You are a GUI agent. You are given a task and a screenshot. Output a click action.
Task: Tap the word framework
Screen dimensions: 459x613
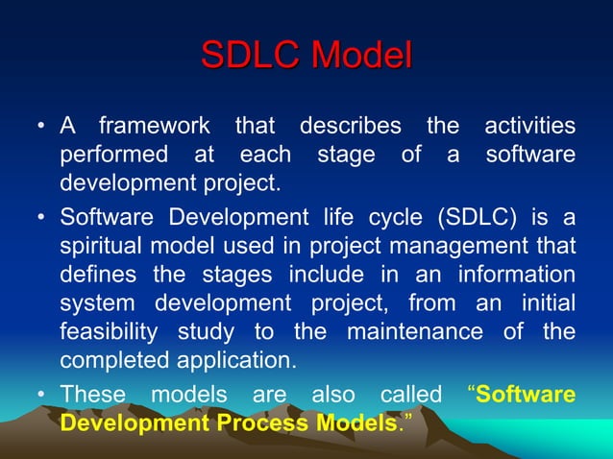pyautogui.click(x=154, y=127)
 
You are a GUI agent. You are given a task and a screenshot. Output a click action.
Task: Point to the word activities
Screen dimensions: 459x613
pyautogui.click(x=529, y=127)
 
